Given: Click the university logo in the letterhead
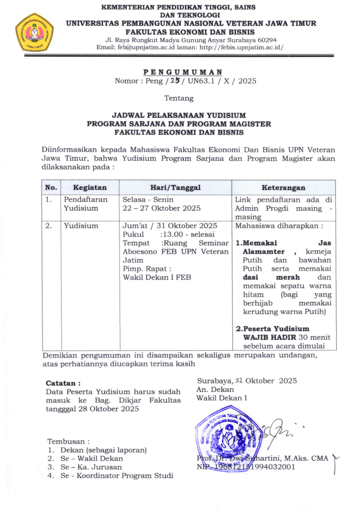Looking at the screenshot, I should point(34,32).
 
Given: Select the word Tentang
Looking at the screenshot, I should point(179,98).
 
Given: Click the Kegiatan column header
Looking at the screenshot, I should point(90,188).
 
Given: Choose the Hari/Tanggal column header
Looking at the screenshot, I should point(176,188).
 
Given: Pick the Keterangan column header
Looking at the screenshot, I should point(283,188).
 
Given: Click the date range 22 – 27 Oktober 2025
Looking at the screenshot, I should point(162,208).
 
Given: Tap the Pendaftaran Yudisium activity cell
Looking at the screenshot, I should point(86,204).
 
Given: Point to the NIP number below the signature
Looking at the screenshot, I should point(246,467).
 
